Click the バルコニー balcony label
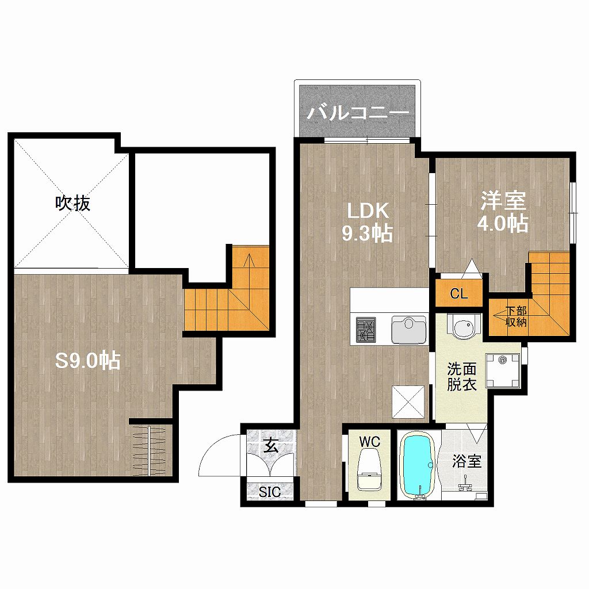(358, 112)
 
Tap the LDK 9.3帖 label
(367, 223)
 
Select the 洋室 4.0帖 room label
(503, 213)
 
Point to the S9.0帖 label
(88, 361)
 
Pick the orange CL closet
(458, 293)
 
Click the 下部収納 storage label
(516, 316)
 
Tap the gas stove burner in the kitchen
(366, 330)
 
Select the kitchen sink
(409, 330)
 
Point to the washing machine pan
(503, 370)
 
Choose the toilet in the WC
(369, 469)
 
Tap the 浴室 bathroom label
(466, 461)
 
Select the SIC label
(270, 492)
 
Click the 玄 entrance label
(270, 446)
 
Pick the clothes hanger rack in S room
(150, 450)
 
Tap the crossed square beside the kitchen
(408, 401)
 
